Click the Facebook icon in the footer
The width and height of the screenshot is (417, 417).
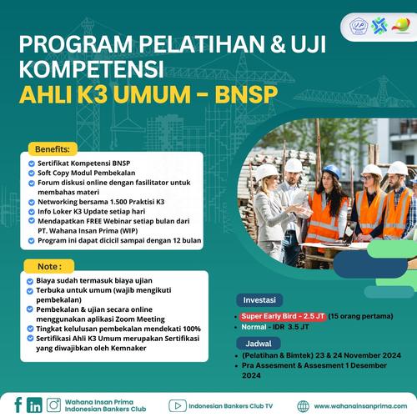pyautogui.click(x=17, y=404)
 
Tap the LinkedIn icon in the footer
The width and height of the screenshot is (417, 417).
pyautogui.click(x=34, y=404)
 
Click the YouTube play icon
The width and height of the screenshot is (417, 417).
pyautogui.click(x=176, y=405)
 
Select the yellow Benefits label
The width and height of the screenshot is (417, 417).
pyautogui.click(x=52, y=148)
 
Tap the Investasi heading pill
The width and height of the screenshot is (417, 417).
pyautogui.click(x=259, y=299)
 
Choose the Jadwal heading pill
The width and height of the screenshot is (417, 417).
pyautogui.click(x=255, y=342)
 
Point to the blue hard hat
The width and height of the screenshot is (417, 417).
pyautogui.click(x=331, y=171)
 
